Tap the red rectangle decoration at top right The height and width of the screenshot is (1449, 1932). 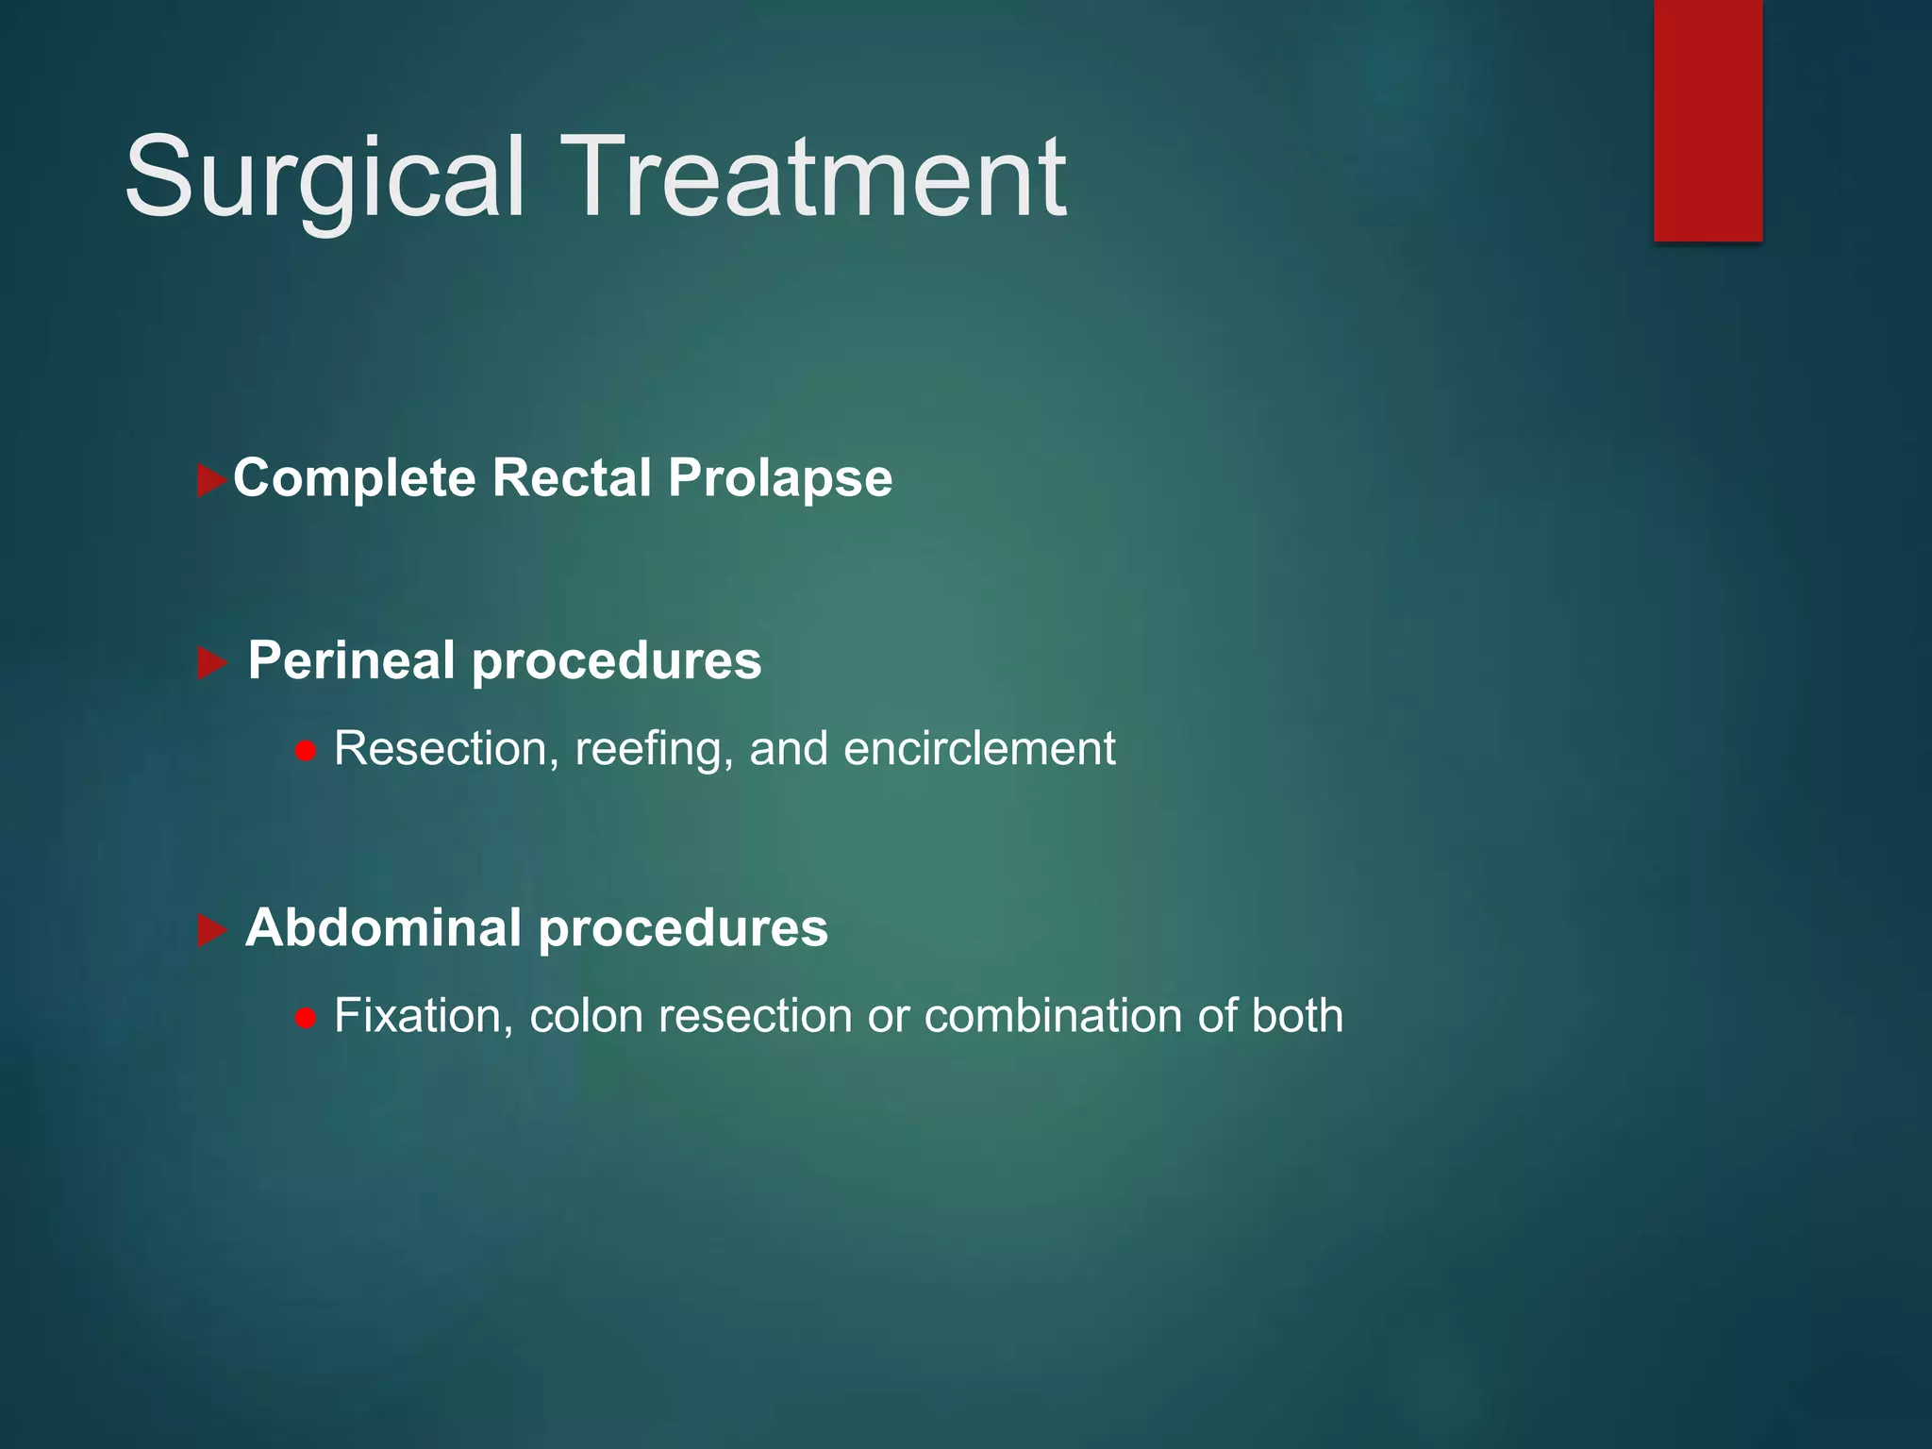tap(1707, 120)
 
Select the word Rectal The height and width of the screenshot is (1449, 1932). tap(572, 477)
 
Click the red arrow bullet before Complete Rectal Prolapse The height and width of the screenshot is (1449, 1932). tap(211, 480)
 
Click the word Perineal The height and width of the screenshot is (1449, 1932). tap(351, 660)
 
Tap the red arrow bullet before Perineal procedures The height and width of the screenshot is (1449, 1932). tap(212, 663)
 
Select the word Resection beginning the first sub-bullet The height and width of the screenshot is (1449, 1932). tap(440, 749)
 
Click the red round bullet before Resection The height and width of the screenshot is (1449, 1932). tap(305, 752)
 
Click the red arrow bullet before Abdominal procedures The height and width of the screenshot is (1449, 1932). tap(212, 931)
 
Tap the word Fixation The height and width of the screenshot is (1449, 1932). tap(423, 1016)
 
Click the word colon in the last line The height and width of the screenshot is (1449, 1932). tap(588, 1016)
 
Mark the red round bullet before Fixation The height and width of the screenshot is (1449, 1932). tap(305, 1019)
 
